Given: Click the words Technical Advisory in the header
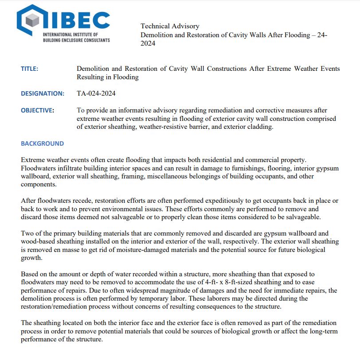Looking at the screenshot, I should coord(170,26).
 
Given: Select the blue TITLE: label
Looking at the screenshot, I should coord(30,69).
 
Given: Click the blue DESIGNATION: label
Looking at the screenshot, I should coord(43,93).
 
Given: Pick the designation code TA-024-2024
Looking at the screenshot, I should coord(96,93).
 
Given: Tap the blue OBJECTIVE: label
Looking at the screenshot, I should coord(37,110).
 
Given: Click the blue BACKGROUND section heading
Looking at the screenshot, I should coord(42,143).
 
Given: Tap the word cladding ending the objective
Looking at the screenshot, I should coord(261,127).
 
